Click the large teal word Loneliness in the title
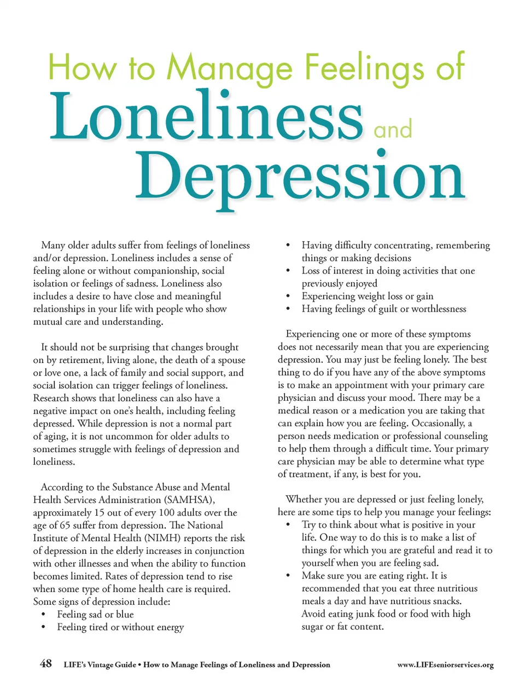tap(206, 116)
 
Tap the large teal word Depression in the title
tap(300, 176)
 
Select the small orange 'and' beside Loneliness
tap(393, 130)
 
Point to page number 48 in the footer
tap(46, 663)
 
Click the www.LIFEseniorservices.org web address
tap(445, 665)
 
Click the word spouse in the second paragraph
tap(231, 360)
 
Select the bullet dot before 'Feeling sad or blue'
tap(43, 615)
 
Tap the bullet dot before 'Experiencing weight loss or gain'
tap(288, 296)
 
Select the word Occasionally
tap(437, 423)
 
